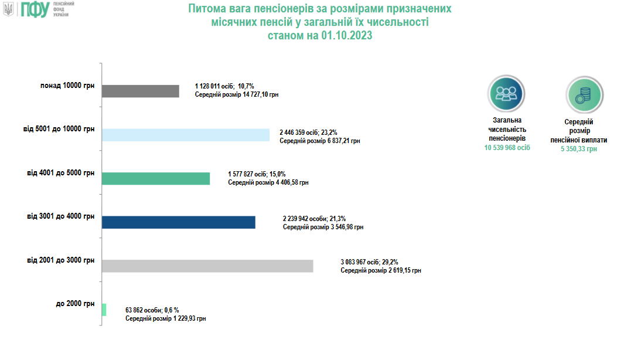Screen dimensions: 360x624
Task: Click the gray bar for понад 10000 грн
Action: point(140,91)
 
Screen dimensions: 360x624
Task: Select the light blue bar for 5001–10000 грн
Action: point(185,135)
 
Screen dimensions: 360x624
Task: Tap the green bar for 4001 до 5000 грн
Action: point(155,179)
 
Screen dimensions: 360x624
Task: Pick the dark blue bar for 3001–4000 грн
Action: point(178,222)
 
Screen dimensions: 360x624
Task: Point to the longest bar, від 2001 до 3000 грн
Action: point(207,266)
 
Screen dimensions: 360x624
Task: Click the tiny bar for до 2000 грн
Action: point(104,310)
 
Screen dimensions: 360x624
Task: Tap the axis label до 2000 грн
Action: point(75,304)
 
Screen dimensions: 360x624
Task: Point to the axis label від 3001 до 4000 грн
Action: point(61,216)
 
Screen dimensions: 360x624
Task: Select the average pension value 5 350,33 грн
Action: point(578,149)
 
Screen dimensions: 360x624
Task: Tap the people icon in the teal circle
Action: point(506,94)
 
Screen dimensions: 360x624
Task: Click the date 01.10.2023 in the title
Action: point(346,35)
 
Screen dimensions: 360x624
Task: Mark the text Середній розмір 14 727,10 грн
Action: point(236,94)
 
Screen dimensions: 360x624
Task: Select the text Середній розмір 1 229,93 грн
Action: point(166,318)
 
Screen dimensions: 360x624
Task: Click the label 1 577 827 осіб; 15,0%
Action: point(257,174)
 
